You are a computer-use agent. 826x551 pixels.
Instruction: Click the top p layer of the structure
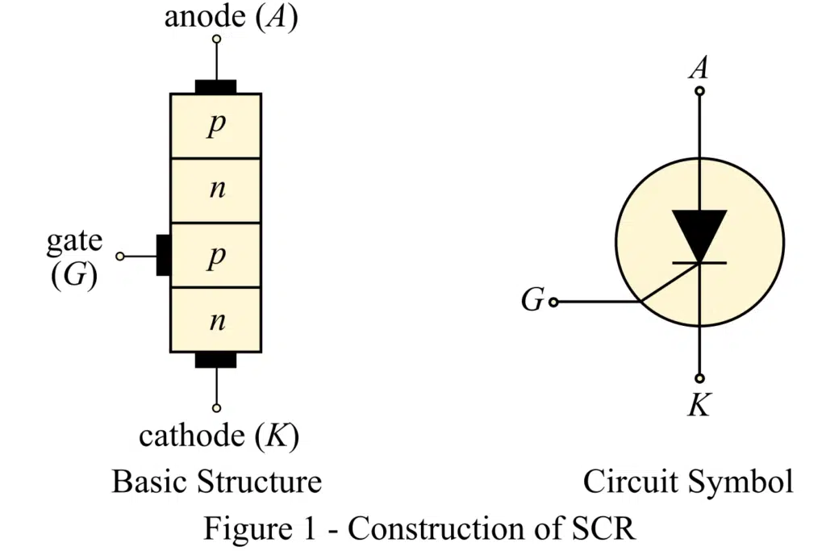click(215, 126)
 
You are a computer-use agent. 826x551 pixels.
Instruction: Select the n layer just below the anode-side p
click(215, 190)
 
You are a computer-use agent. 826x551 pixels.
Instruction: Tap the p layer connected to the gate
click(215, 255)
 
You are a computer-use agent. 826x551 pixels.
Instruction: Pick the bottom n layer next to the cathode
click(215, 319)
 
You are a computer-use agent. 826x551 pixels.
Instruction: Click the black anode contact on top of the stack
click(215, 86)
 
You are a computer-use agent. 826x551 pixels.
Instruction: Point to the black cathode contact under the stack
click(215, 360)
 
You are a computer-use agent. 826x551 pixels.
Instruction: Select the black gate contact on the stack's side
click(163, 255)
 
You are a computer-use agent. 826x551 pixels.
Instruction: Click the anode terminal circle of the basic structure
click(215, 39)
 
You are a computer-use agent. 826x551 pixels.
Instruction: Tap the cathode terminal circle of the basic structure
click(215, 407)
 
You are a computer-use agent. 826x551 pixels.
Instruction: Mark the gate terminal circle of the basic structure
click(119, 256)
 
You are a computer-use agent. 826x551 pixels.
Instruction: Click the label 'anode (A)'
click(231, 17)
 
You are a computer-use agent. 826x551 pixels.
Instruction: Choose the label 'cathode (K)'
click(219, 436)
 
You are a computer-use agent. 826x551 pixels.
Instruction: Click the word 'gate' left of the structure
click(74, 240)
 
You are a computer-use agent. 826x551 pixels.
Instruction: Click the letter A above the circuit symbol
click(699, 67)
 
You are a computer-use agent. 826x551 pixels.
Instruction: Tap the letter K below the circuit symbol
click(699, 404)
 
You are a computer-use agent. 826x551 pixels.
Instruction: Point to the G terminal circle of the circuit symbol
click(553, 302)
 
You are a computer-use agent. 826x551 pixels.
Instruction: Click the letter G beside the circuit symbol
click(532, 301)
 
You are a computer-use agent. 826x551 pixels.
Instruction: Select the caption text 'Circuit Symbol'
click(687, 482)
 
